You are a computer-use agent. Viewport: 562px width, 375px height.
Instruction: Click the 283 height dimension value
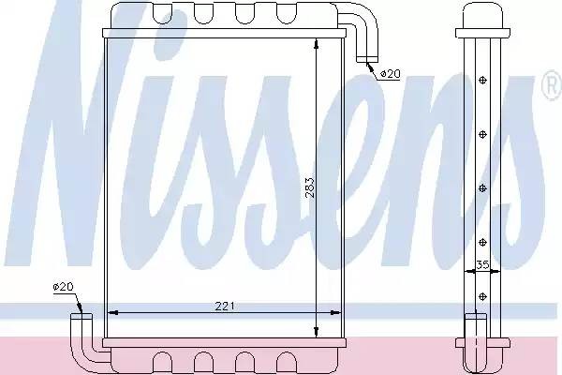(x=310, y=188)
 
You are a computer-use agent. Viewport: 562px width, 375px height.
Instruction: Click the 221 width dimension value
(x=225, y=307)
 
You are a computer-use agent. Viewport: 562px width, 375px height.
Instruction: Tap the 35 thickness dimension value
(x=482, y=264)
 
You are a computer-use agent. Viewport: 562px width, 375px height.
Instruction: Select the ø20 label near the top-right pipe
(x=390, y=74)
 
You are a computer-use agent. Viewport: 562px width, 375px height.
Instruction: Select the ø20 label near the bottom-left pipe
(x=63, y=286)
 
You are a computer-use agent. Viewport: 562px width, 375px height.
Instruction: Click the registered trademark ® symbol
(x=553, y=85)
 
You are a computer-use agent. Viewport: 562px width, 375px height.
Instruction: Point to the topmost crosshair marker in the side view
(x=482, y=80)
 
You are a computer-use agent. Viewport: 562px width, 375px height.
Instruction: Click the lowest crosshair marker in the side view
(x=482, y=296)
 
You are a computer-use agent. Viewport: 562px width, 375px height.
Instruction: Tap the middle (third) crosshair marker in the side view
(x=482, y=188)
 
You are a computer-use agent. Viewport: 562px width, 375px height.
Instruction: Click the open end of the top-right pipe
(x=367, y=60)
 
